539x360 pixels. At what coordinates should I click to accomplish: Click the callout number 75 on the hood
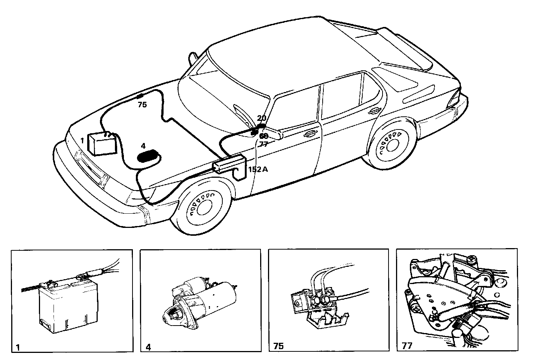point(142,105)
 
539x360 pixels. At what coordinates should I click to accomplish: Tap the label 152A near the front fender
point(258,169)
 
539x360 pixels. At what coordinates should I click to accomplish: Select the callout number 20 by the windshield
point(262,118)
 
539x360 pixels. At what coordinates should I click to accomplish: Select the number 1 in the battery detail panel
point(17,347)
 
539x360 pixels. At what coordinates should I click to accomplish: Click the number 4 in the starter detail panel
point(148,347)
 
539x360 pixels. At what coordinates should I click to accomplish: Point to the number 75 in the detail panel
point(278,346)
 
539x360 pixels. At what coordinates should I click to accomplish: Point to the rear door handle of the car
point(374,111)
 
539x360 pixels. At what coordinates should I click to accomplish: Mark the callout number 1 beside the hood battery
point(82,141)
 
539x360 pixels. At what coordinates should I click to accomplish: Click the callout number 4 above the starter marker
point(143,146)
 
